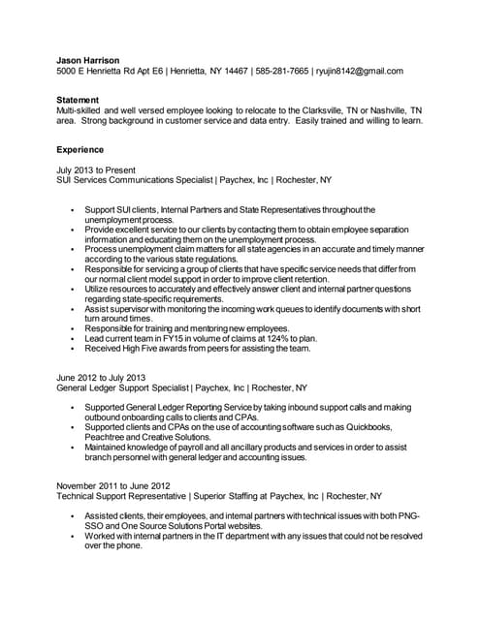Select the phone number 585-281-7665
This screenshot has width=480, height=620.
[x=281, y=72]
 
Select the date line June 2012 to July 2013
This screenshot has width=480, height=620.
[x=101, y=377]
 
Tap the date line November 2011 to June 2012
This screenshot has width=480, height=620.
[x=112, y=485]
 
